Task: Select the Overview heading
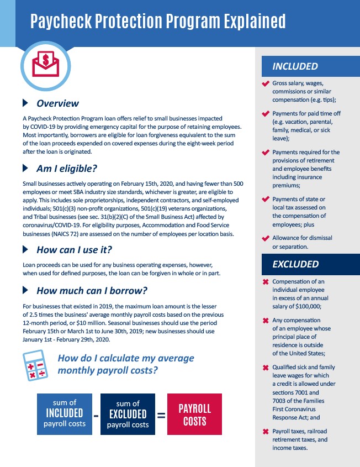(x=57, y=103)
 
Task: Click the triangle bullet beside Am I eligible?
(x=25, y=168)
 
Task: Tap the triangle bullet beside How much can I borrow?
(x=25, y=290)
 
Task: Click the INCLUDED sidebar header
(x=295, y=66)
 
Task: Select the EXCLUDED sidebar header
(x=295, y=264)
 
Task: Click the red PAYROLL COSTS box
(x=194, y=414)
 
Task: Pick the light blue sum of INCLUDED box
(x=65, y=414)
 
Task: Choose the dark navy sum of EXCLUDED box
(x=128, y=414)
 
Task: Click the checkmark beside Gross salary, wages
(x=266, y=83)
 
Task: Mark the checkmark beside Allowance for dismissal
(x=266, y=239)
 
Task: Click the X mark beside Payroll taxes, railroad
(x=266, y=432)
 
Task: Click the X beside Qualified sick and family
(x=266, y=368)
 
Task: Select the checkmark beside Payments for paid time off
(x=266, y=114)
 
